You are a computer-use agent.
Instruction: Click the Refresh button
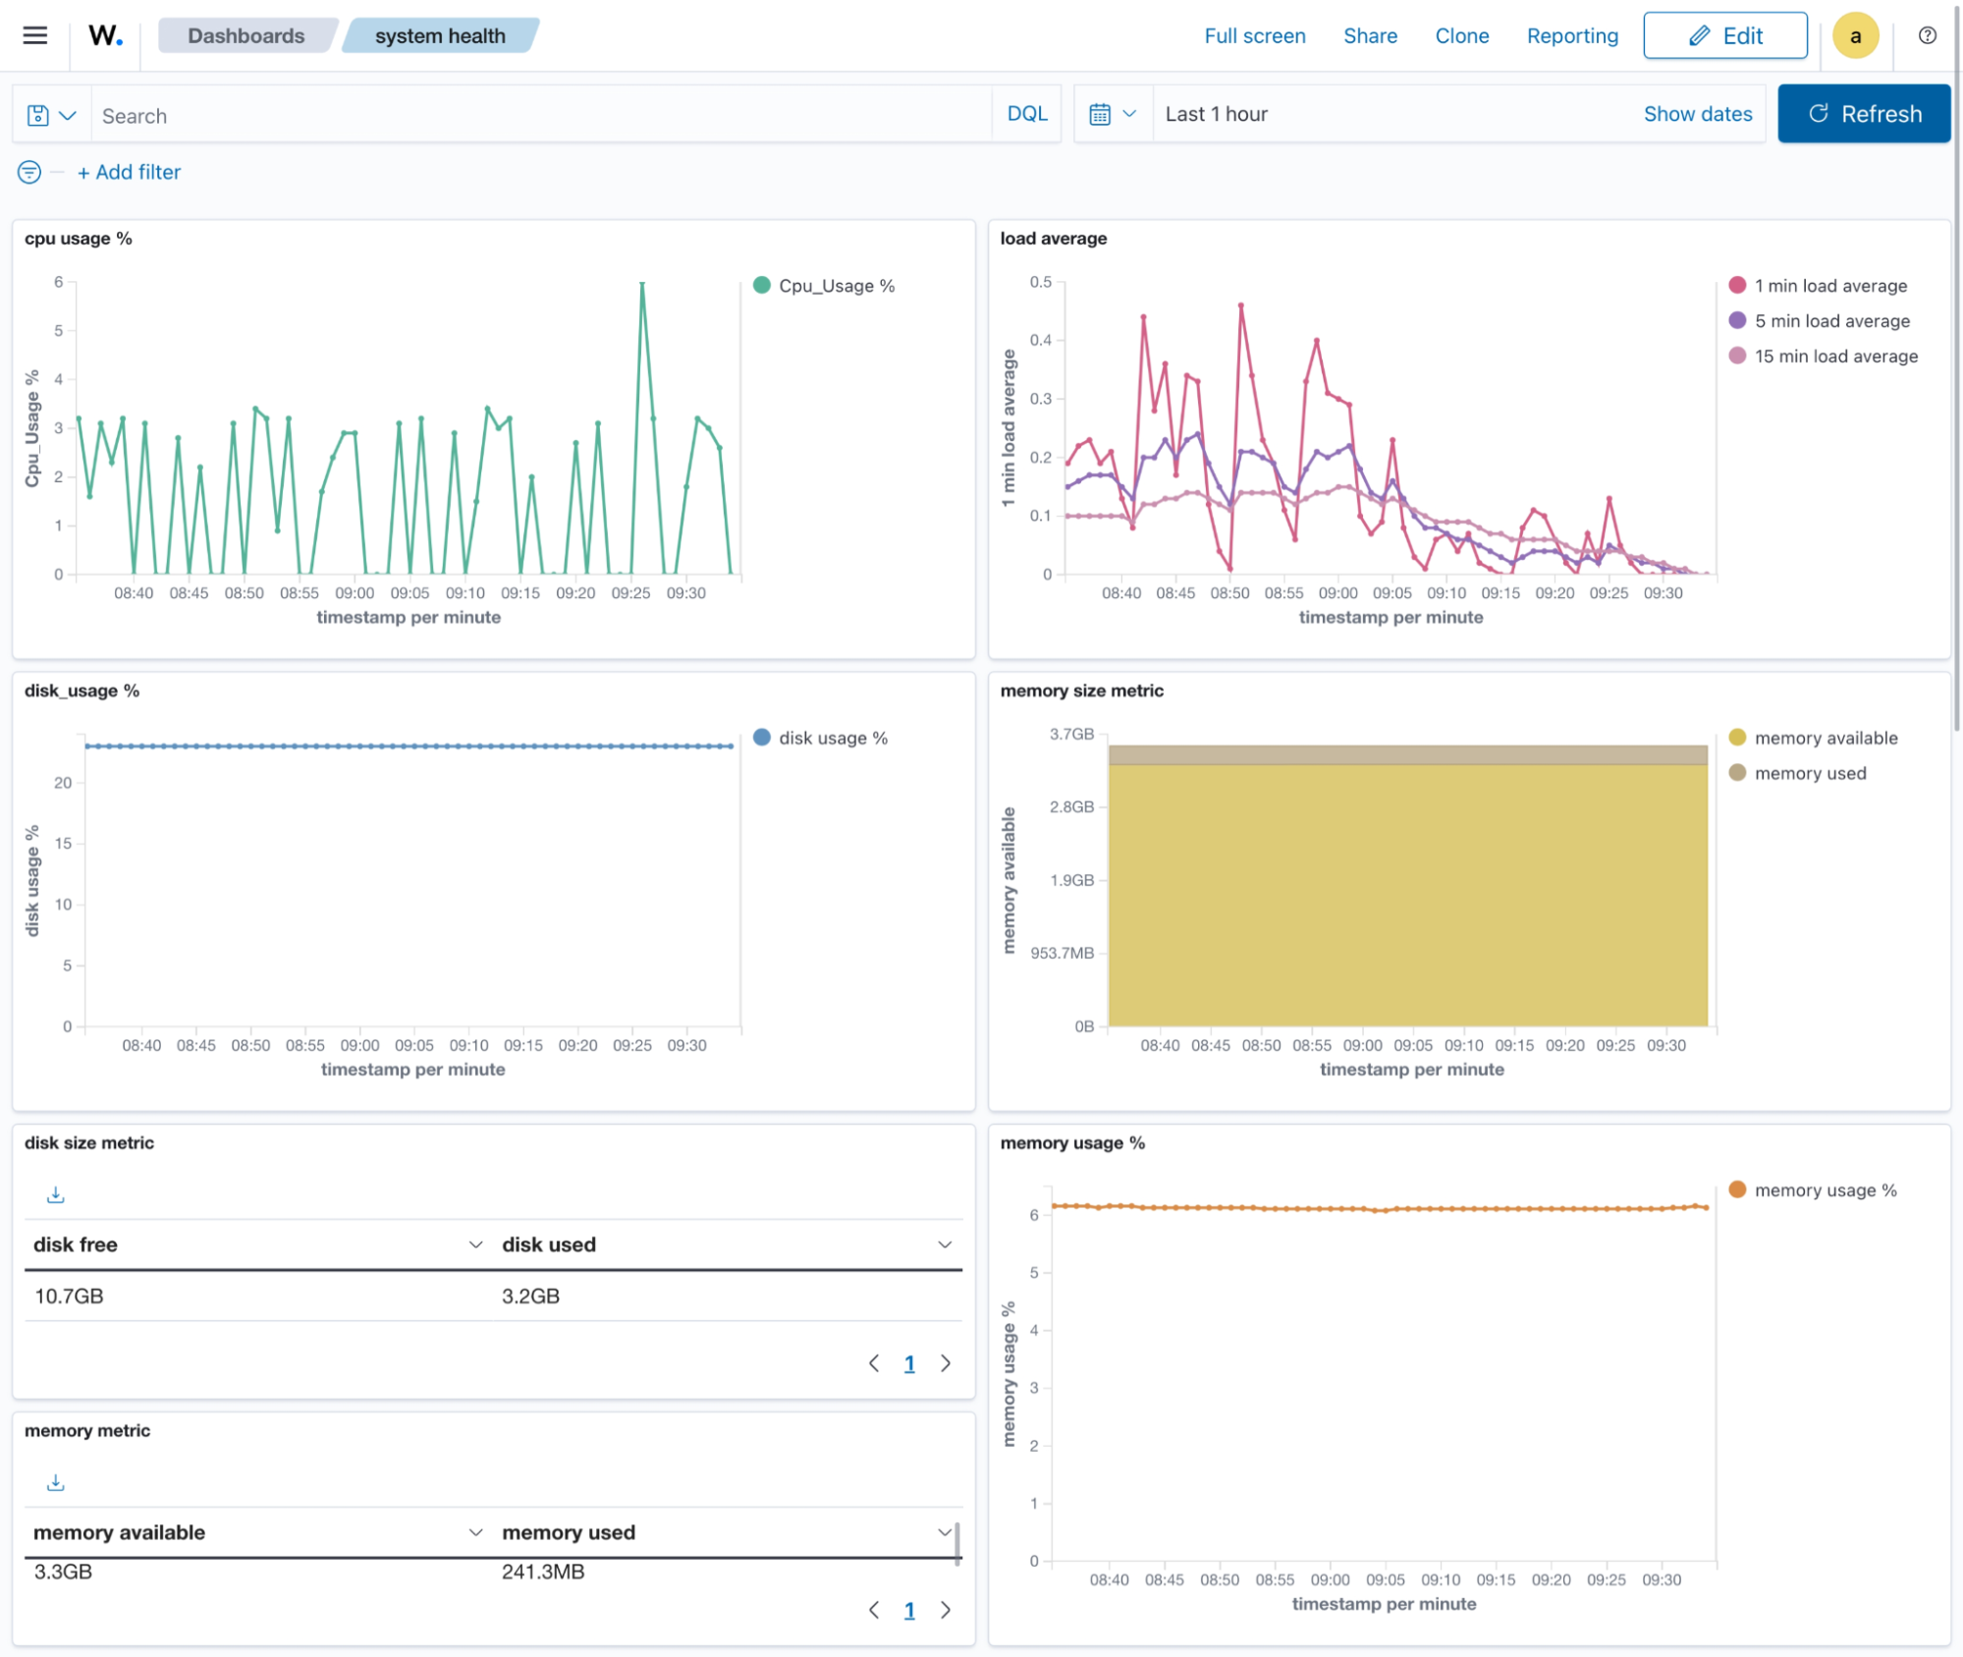coord(1863,114)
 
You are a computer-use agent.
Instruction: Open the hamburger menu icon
coord(35,36)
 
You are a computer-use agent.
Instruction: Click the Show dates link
coord(1697,114)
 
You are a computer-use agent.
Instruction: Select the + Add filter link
coord(129,172)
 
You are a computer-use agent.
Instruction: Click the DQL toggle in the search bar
coord(1026,114)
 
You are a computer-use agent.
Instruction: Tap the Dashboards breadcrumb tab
coord(245,36)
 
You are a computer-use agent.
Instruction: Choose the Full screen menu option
coord(1254,36)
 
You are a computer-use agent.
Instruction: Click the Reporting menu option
coord(1571,36)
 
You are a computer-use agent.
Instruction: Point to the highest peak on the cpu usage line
coord(642,284)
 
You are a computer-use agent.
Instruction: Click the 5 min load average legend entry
coord(1831,321)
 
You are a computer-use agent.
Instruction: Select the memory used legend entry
coord(1810,773)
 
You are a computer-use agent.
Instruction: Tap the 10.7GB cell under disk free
coord(69,1296)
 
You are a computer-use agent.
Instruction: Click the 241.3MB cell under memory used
coord(543,1572)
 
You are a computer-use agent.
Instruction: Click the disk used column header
coord(549,1244)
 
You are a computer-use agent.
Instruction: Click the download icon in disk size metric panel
coord(56,1194)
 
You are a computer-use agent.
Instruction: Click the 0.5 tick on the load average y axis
coord(1040,282)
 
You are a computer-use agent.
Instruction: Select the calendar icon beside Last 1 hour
coord(1100,114)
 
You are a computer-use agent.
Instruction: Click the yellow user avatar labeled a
coord(1854,36)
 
